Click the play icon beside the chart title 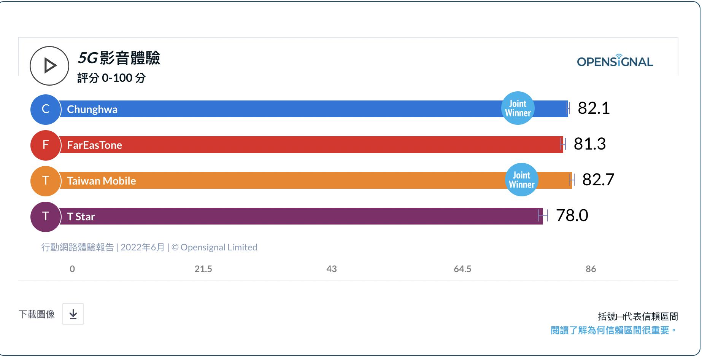[49, 66]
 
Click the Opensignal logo [615, 61]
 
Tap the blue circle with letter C [46, 109]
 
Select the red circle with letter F [46, 145]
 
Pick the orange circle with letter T [46, 181]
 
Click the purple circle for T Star [46, 217]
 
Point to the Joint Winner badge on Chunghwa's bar [518, 108]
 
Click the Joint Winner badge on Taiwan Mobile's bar [521, 180]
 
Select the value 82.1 [594, 108]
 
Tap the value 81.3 [589, 144]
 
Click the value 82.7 [598, 180]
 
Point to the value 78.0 [572, 215]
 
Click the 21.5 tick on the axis [203, 269]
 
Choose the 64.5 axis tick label [462, 269]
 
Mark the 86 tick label [591, 269]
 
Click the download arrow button [73, 314]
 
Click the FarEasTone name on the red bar [94, 145]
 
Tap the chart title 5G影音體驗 [119, 58]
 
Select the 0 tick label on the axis [72, 269]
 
